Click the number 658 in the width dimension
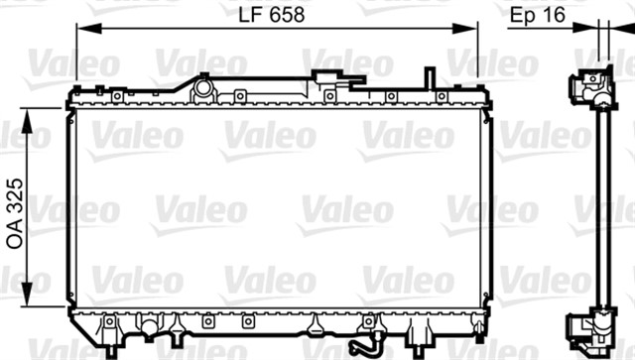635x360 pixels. (x=287, y=15)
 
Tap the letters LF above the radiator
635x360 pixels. (x=250, y=15)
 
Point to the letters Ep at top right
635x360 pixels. (x=523, y=16)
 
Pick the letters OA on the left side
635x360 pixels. (x=16, y=234)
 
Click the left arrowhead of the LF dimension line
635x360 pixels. (x=89, y=29)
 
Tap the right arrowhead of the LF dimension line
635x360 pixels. (x=465, y=29)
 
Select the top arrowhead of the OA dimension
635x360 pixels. (x=27, y=121)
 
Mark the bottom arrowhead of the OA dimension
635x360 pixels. (x=27, y=295)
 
